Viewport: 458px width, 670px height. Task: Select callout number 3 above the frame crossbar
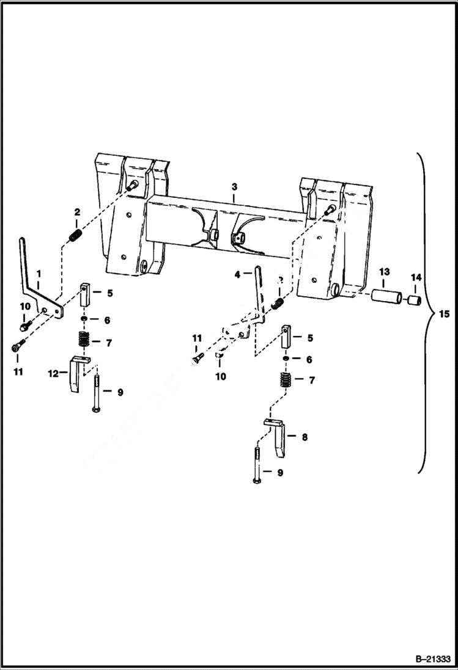point(235,184)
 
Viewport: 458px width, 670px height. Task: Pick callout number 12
point(54,371)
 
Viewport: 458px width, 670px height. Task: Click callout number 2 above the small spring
point(77,212)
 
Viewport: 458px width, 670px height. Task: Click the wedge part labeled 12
point(75,374)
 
